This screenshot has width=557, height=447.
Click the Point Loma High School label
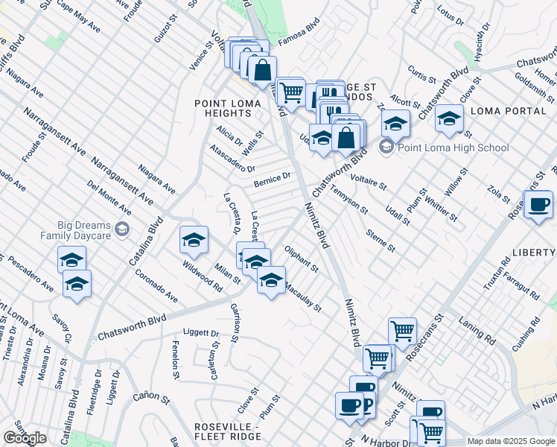453,148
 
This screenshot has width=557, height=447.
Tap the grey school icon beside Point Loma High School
386,147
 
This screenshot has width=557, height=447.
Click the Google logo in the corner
25,438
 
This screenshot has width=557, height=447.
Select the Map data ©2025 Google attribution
510,441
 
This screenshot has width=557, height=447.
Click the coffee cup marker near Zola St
538,203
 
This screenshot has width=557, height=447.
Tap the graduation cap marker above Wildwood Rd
194,240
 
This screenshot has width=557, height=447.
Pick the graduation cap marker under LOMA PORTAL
449,118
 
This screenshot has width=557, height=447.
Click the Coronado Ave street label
156,285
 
